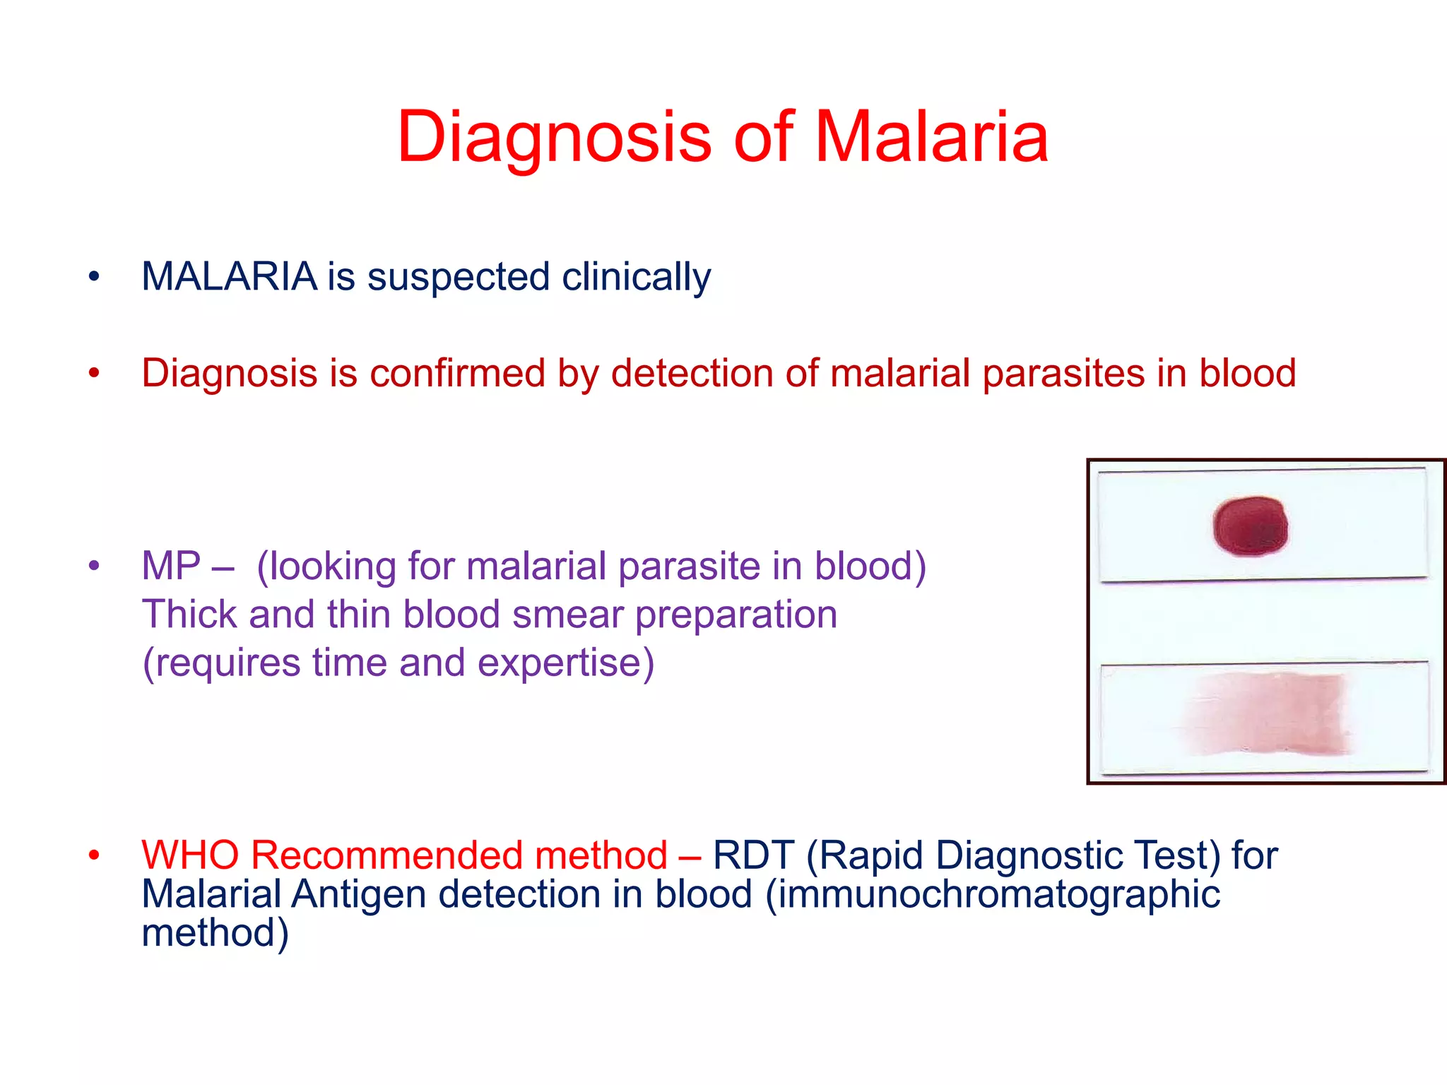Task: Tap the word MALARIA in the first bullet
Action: (229, 276)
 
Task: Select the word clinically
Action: (636, 277)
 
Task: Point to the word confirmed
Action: (457, 373)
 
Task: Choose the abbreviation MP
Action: (171, 566)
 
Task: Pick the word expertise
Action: (565, 663)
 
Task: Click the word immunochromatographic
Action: (993, 895)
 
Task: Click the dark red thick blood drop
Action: (1250, 526)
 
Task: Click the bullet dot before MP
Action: (94, 567)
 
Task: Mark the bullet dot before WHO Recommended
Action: (94, 856)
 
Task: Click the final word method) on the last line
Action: (215, 932)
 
